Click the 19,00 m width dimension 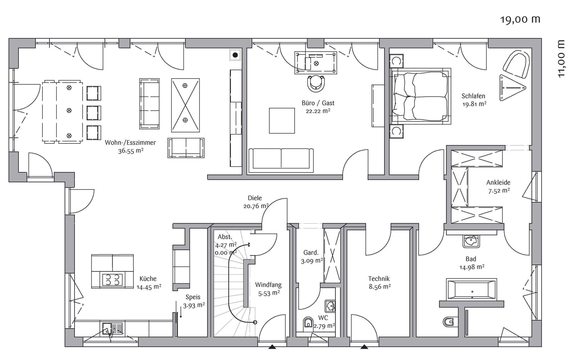pos(520,20)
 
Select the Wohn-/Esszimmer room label pos(130,142)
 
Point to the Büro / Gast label pos(318,103)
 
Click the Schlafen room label pos(473,96)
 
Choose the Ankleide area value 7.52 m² pos(499,191)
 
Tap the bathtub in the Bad pos(471,289)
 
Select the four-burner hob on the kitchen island pos(112,279)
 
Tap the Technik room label pos(379,278)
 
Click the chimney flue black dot pos(235,55)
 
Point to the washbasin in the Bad pos(471,241)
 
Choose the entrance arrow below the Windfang pos(272,347)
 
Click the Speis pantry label pos(193,297)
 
